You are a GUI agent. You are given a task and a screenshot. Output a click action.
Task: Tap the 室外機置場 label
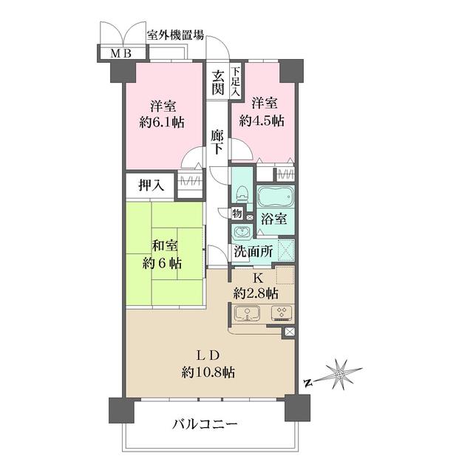[x=175, y=35]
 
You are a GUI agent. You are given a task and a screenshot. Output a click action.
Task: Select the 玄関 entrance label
[x=217, y=82]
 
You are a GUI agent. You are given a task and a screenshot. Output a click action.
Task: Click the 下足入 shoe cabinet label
[x=236, y=82]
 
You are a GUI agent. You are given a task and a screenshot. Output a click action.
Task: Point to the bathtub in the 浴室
[x=276, y=200]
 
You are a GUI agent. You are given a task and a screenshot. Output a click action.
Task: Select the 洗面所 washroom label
[x=253, y=251]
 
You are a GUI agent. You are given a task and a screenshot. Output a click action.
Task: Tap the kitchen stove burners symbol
[x=282, y=312]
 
